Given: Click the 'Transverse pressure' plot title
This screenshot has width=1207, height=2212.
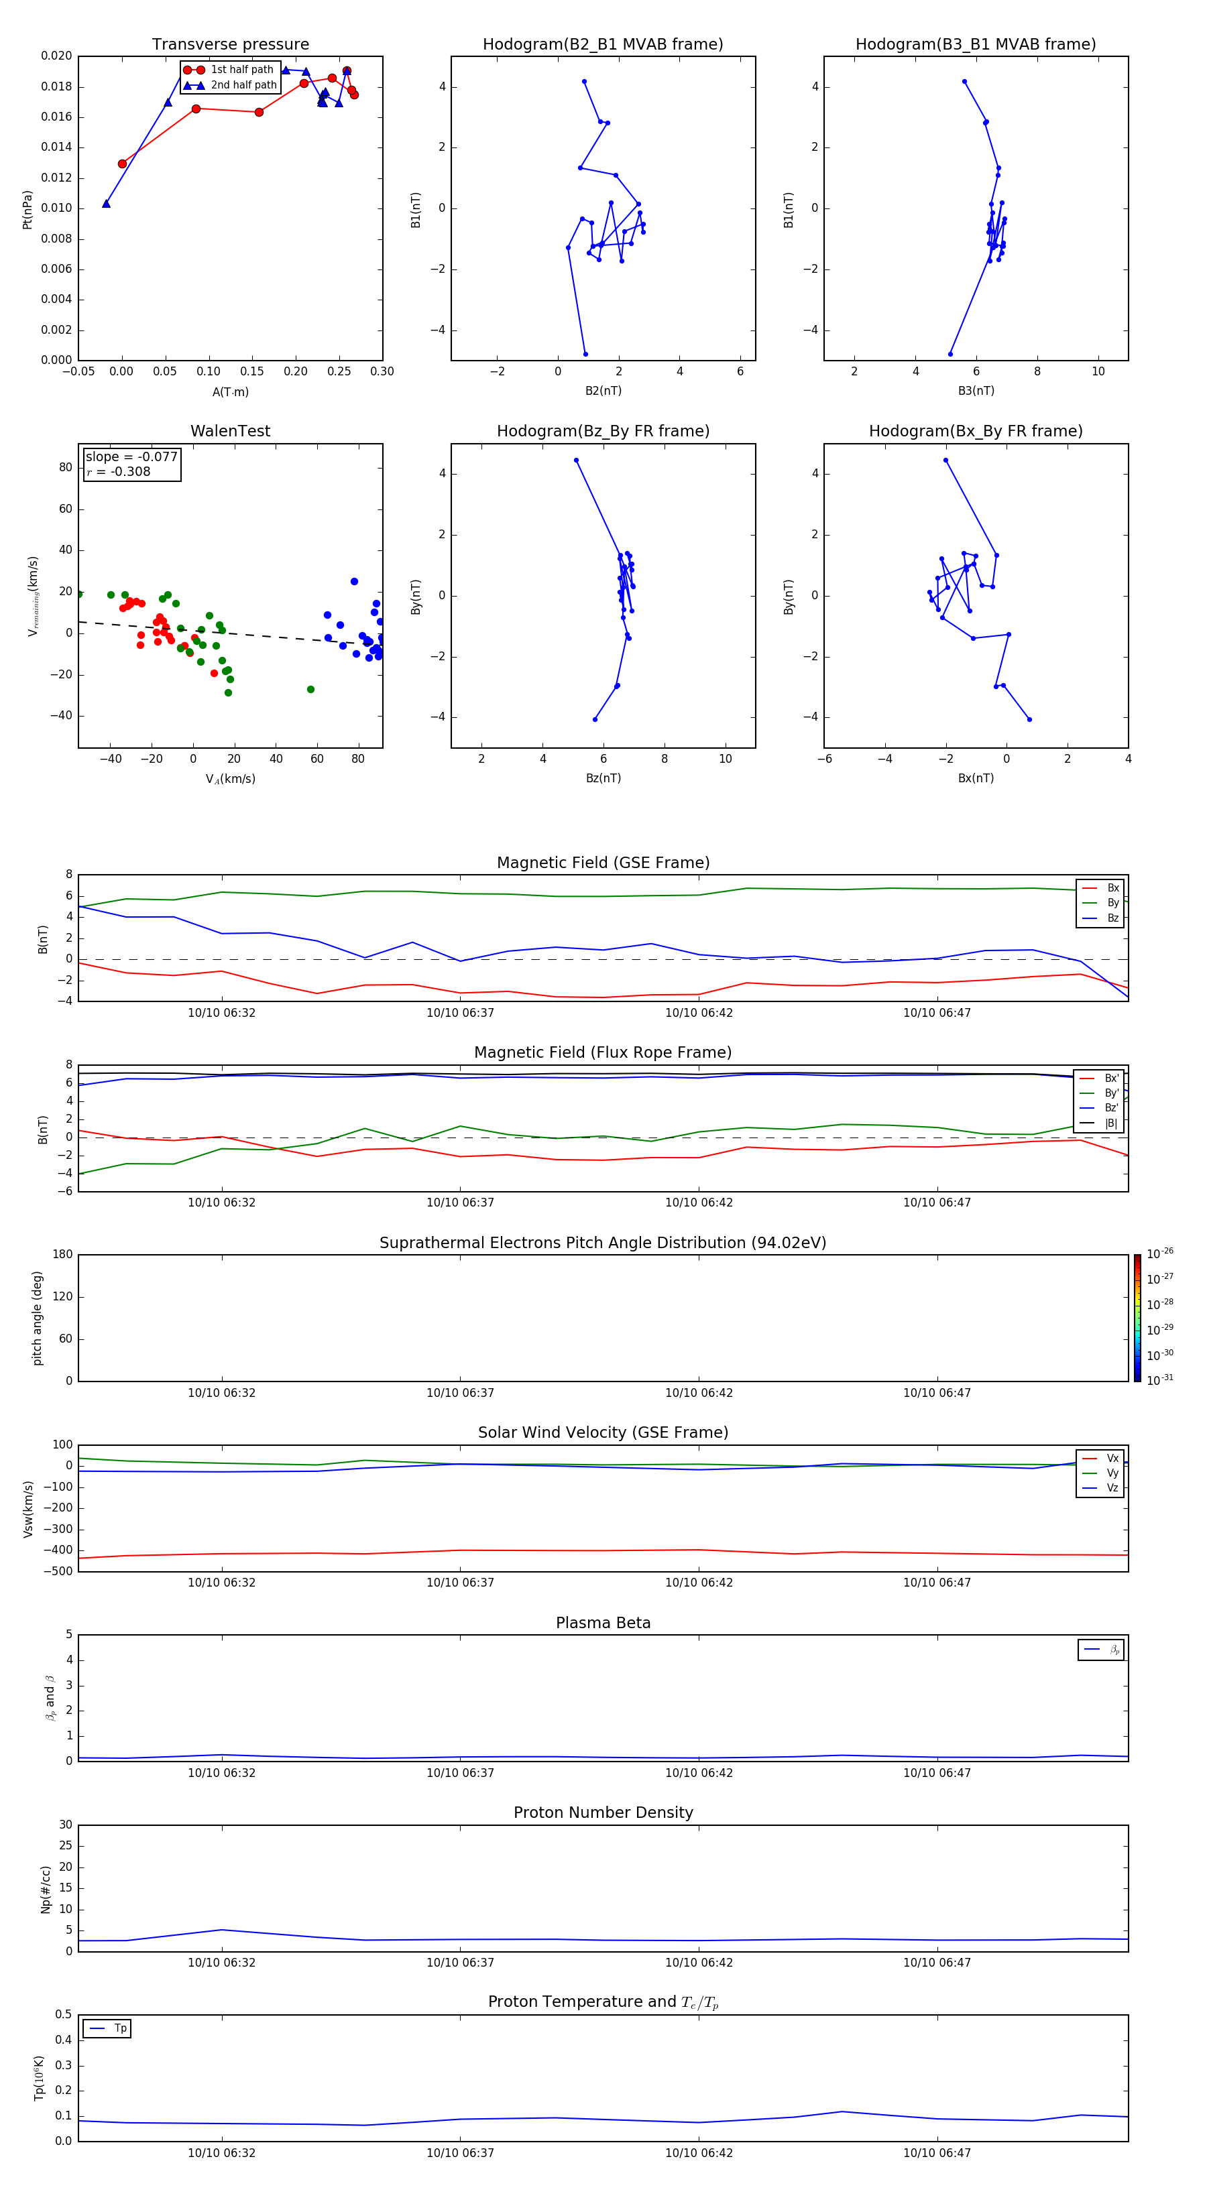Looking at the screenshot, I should tap(230, 45).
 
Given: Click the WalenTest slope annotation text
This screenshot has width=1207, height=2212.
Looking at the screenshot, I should tap(131, 457).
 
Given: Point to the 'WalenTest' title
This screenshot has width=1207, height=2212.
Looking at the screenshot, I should tap(230, 431).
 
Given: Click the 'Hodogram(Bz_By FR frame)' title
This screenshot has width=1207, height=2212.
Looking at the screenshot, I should tap(603, 431).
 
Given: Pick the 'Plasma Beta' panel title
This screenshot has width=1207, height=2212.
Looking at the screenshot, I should tap(603, 1623).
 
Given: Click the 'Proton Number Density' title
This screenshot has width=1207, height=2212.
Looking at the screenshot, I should tap(603, 1812).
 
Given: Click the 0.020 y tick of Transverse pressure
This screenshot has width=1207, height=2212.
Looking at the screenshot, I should tap(57, 56).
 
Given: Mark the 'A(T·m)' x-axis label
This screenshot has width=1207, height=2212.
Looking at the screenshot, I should tap(230, 392).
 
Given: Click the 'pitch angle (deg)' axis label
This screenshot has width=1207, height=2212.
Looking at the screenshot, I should tap(38, 1318).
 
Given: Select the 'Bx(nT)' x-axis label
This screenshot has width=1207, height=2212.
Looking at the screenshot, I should tap(975, 778).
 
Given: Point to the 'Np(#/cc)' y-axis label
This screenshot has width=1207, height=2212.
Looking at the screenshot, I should tap(46, 1889).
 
